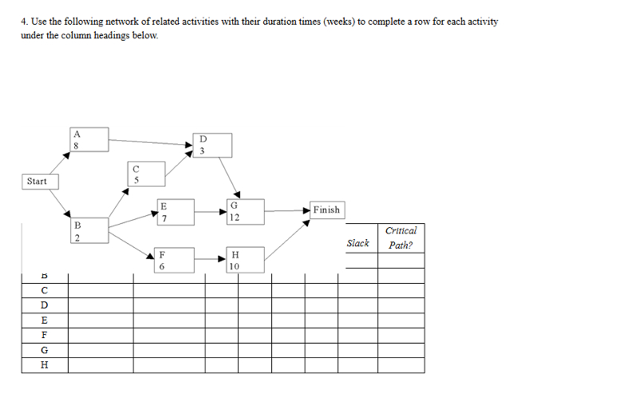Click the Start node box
(38, 181)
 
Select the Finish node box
(326, 210)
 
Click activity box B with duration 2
(77, 231)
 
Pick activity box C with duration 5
(136, 175)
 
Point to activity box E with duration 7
(163, 212)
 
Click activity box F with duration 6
(161, 261)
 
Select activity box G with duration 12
(233, 212)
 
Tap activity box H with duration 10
(233, 261)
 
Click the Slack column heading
(357, 242)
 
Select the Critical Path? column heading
(400, 238)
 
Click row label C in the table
(45, 290)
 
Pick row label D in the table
(45, 305)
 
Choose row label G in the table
(45, 350)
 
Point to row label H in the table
(45, 365)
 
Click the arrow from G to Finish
(279, 210)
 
